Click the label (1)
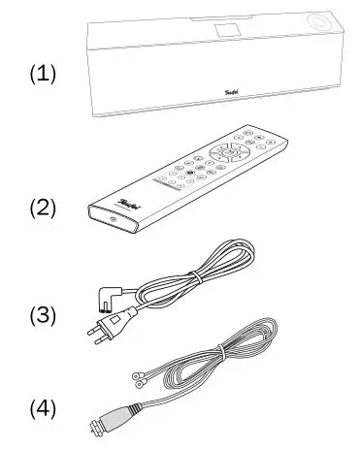[x=41, y=75]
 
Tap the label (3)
[x=41, y=315]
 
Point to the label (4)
[x=41, y=408]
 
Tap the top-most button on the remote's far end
[x=248, y=132]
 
